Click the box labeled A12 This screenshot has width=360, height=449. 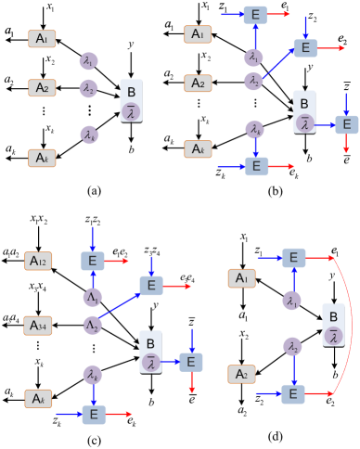pos(38,262)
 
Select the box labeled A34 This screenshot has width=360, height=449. pos(38,325)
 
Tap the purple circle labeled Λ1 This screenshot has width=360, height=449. pos(92,298)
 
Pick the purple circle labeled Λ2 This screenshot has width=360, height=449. pos(92,326)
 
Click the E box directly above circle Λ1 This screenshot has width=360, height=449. pos(93,262)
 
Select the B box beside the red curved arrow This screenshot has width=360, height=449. pos(333,325)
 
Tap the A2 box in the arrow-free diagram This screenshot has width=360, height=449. pos(42,88)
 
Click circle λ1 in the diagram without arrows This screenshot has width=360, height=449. pos(88,61)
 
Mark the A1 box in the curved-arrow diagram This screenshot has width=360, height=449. pos(242,277)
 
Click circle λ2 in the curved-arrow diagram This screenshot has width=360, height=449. pos(293,347)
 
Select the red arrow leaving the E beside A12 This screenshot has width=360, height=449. pos(119,262)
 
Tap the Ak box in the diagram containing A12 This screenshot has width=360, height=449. pos(38,398)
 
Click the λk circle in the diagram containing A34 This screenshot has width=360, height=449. pos(92,375)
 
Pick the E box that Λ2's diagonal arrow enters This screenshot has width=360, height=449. pos(151,286)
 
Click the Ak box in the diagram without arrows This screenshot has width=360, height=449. pos(42,158)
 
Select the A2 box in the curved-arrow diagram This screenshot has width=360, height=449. pos(242,374)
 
